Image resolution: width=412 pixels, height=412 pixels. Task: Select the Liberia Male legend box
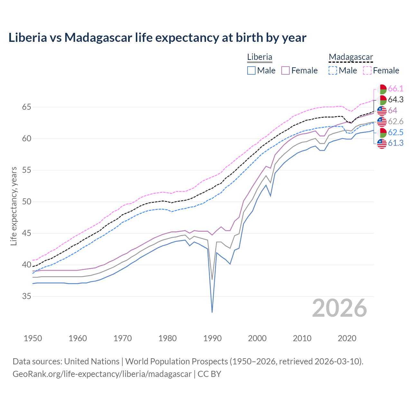pos(251,70)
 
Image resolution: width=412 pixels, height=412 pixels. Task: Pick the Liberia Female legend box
pos(286,70)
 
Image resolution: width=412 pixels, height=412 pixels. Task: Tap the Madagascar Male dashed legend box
pos(333,70)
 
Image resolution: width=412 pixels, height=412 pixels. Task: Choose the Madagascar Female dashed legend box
pos(367,70)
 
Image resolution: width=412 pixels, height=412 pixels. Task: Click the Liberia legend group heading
pos(259,57)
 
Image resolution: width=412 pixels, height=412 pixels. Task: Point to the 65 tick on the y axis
pos(27,107)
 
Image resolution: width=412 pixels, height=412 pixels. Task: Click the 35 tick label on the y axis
pos(27,296)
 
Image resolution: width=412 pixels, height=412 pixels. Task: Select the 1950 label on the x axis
pos(33,338)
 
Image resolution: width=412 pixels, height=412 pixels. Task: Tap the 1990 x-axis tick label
pos(212,338)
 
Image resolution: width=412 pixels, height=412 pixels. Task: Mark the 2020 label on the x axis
pos(347,338)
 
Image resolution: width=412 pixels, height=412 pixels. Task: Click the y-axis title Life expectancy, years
pos(14,206)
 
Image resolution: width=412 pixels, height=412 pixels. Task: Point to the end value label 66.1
pos(396,89)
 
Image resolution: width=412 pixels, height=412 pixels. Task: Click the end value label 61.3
pos(396,143)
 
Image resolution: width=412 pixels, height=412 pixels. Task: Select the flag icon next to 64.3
pos(382,100)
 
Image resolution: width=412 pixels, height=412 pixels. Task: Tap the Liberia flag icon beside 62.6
pos(382,122)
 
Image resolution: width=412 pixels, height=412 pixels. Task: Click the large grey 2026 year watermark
pos(340,308)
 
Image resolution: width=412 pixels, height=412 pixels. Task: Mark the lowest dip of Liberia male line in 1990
pos(212,312)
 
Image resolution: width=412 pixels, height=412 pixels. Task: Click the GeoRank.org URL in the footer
pos(102,374)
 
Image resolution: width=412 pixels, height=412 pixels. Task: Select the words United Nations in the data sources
pos(92,361)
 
